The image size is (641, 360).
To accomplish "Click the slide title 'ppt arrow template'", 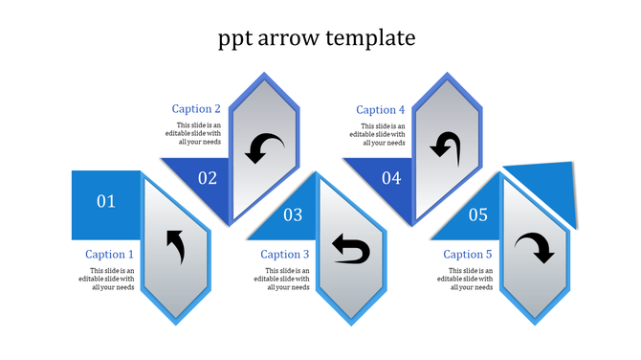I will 317,38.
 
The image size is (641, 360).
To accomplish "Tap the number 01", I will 106,201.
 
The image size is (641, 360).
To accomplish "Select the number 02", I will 208,177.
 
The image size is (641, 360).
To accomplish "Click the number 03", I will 293,215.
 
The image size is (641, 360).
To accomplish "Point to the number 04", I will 391,177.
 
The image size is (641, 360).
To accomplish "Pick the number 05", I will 478,215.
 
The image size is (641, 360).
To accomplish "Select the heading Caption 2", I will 196,109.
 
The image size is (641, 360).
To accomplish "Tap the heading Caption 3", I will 285,255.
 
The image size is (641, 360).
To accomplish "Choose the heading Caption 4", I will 381,110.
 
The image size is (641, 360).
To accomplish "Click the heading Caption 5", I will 468,255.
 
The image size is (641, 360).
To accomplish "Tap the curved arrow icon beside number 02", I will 264,147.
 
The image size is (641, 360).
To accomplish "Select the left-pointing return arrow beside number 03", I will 350,249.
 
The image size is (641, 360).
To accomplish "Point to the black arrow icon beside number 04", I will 445,146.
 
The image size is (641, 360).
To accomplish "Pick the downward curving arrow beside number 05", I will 534,248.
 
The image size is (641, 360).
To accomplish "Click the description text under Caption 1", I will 113,279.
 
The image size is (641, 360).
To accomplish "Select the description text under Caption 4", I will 383,134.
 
